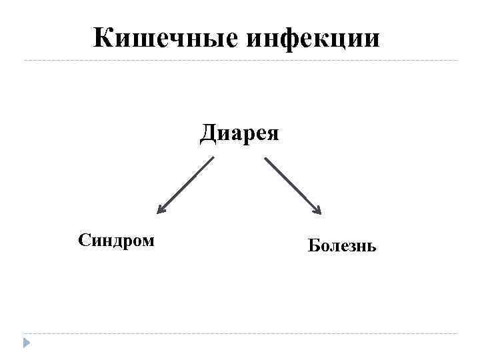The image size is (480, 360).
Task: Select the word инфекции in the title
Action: click(x=313, y=39)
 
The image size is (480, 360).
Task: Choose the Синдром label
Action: click(x=116, y=240)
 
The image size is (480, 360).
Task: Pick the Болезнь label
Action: click(x=342, y=246)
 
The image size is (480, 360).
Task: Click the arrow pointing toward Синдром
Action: click(x=186, y=185)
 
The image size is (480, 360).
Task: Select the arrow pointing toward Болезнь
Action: click(x=293, y=186)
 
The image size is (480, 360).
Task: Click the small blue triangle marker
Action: click(x=26, y=343)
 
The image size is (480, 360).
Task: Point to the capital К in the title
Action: click(x=104, y=38)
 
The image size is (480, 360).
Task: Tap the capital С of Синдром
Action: click(x=83, y=240)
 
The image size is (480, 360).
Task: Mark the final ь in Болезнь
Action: click(x=371, y=247)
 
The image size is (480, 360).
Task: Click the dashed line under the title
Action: click(x=240, y=61)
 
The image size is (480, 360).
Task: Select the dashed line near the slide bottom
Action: click(x=240, y=333)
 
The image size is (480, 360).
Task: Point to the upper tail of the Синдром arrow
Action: click(x=213, y=158)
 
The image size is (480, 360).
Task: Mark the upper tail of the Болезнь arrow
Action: click(x=267, y=159)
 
